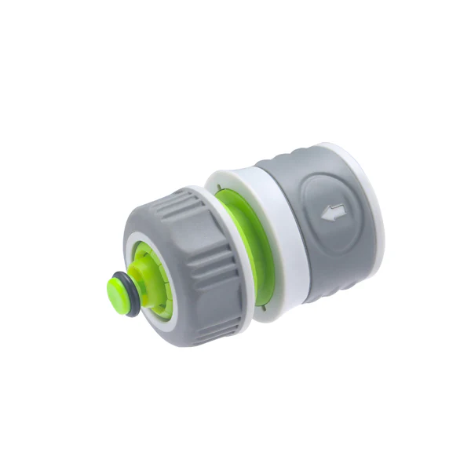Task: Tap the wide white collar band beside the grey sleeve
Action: (x=279, y=235)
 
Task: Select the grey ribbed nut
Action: (x=196, y=259)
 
